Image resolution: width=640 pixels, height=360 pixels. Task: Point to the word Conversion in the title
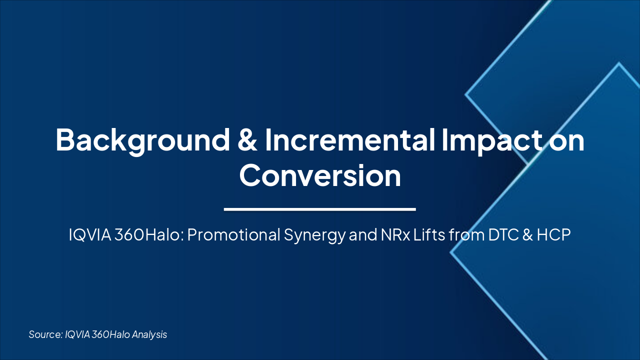[320, 176]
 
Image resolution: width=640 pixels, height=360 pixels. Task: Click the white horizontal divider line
[320, 209]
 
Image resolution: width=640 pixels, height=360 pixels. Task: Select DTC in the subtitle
[499, 235]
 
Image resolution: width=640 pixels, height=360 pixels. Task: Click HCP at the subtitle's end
[553, 235]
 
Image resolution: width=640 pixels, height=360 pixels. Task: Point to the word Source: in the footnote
[45, 334]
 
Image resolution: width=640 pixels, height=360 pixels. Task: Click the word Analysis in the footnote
[149, 334]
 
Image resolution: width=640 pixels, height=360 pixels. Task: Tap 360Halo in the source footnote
[110, 334]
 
